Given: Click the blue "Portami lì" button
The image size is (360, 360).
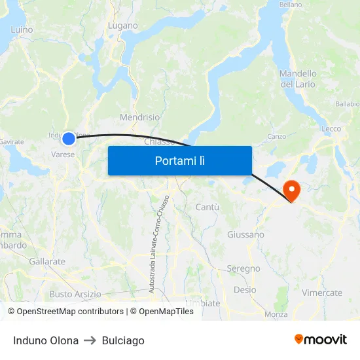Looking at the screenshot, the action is [x=179, y=160].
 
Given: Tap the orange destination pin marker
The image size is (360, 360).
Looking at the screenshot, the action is [x=290, y=190].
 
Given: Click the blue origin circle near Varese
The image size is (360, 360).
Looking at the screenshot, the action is [x=69, y=138].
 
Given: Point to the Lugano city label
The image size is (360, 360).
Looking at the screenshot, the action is [x=123, y=26].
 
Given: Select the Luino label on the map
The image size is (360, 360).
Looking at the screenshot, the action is [x=22, y=29].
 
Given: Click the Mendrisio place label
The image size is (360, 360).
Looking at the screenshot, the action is [x=139, y=117].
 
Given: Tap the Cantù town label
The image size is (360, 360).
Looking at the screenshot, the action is [x=207, y=207].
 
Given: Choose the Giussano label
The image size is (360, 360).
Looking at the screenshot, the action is [x=245, y=234].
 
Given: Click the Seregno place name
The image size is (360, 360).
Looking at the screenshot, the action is [x=243, y=268].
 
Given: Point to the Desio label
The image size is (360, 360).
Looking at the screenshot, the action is [x=245, y=289].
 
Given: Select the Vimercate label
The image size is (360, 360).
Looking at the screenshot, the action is [x=322, y=293].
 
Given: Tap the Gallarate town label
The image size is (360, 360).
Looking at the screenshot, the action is [x=47, y=261].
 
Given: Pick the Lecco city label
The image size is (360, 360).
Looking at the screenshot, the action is [x=331, y=128].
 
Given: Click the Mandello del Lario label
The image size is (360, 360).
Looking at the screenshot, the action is [x=298, y=79].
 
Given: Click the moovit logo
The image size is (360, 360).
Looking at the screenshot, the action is [x=321, y=339].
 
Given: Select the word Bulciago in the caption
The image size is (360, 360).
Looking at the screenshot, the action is [x=123, y=340].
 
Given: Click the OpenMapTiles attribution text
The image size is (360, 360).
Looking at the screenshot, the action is [x=162, y=312].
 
